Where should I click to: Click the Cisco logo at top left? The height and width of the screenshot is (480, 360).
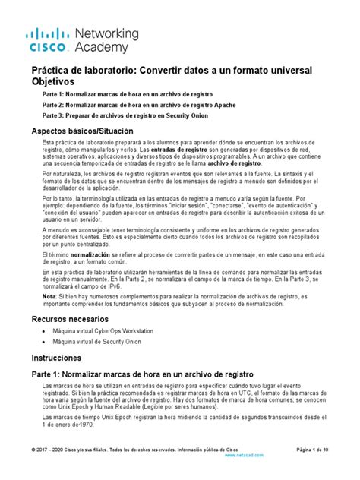tap(47, 39)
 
